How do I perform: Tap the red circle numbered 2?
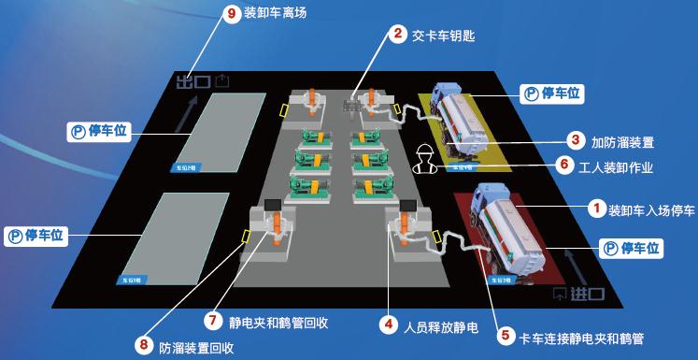pyautogui.click(x=398, y=36)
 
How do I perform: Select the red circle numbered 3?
pyautogui.click(x=576, y=141)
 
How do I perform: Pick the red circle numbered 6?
pyautogui.click(x=563, y=165)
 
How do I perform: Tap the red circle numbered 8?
pyautogui.click(x=143, y=345)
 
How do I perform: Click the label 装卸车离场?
pyautogui.click(x=275, y=14)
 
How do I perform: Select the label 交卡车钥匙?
pyautogui.click(x=444, y=36)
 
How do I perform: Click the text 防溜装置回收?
pyautogui.click(x=196, y=346)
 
